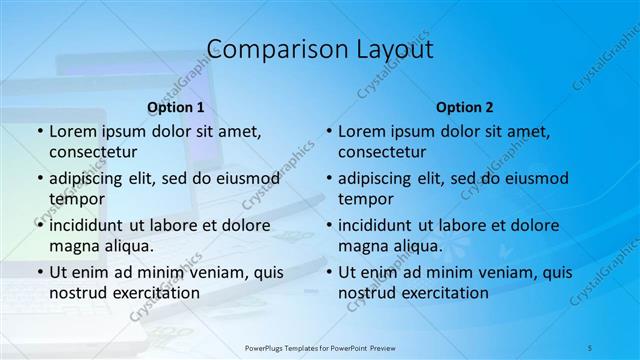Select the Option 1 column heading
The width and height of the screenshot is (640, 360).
point(176,106)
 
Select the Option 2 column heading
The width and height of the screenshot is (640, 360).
point(465,106)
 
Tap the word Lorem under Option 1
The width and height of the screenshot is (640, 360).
point(72,131)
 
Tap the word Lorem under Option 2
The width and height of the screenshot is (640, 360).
point(361,131)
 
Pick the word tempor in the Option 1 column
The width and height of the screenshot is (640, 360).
point(74,199)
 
